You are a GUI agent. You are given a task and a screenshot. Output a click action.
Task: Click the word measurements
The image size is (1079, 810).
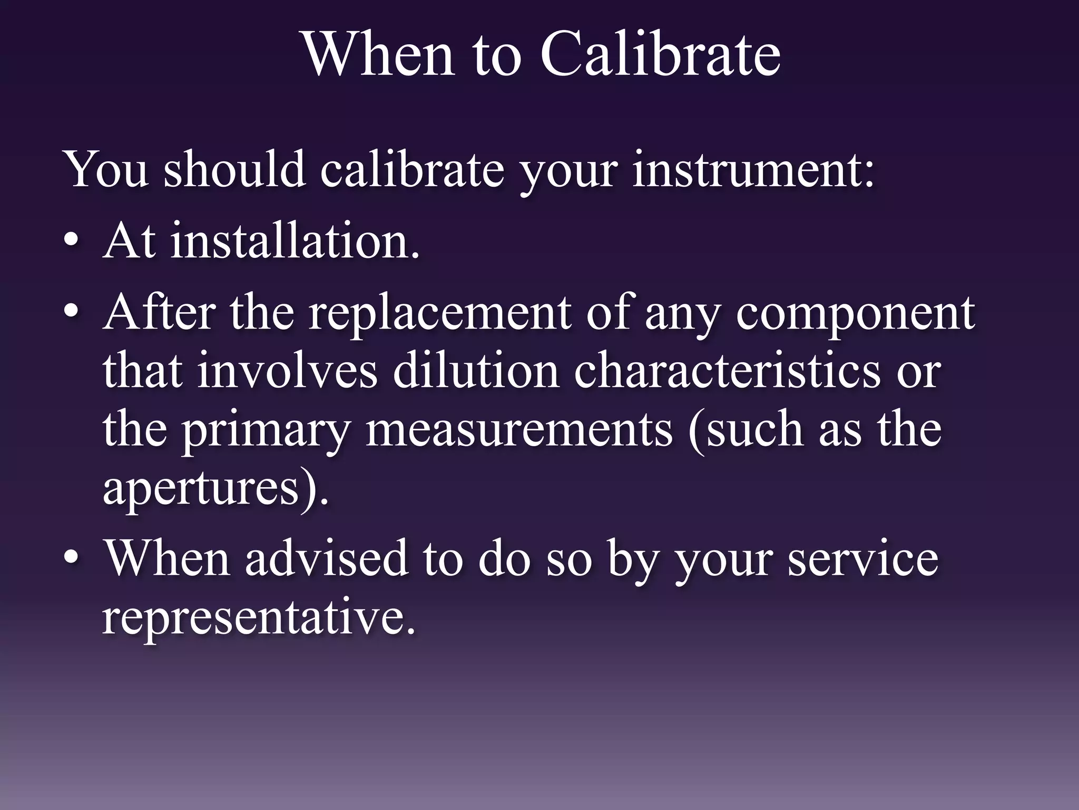click(519, 430)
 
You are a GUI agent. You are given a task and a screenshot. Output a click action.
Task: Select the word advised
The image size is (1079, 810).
click(327, 558)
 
